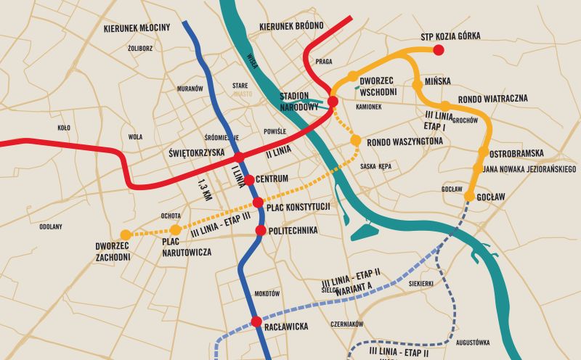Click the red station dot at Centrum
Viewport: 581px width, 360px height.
pyautogui.click(x=248, y=179)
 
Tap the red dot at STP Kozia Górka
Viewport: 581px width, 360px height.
pyautogui.click(x=438, y=50)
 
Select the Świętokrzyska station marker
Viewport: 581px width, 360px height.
pyautogui.click(x=237, y=157)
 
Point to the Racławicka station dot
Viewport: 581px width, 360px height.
pyautogui.click(x=256, y=322)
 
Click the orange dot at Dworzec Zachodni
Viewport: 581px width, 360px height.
pyautogui.click(x=126, y=234)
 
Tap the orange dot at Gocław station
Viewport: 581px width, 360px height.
pyautogui.click(x=469, y=197)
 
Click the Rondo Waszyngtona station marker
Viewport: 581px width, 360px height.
pyautogui.click(x=355, y=140)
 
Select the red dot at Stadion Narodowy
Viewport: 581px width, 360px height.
pyautogui.click(x=333, y=102)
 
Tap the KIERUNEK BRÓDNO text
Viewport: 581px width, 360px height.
pyautogui.click(x=290, y=26)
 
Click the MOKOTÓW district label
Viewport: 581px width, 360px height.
pyautogui.click(x=267, y=294)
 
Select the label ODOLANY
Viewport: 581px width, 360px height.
pyautogui.click(x=51, y=226)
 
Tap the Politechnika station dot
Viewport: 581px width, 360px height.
pyautogui.click(x=261, y=230)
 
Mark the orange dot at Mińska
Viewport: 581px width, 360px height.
pyautogui.click(x=417, y=85)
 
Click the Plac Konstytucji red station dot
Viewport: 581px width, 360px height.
pyautogui.click(x=257, y=202)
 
